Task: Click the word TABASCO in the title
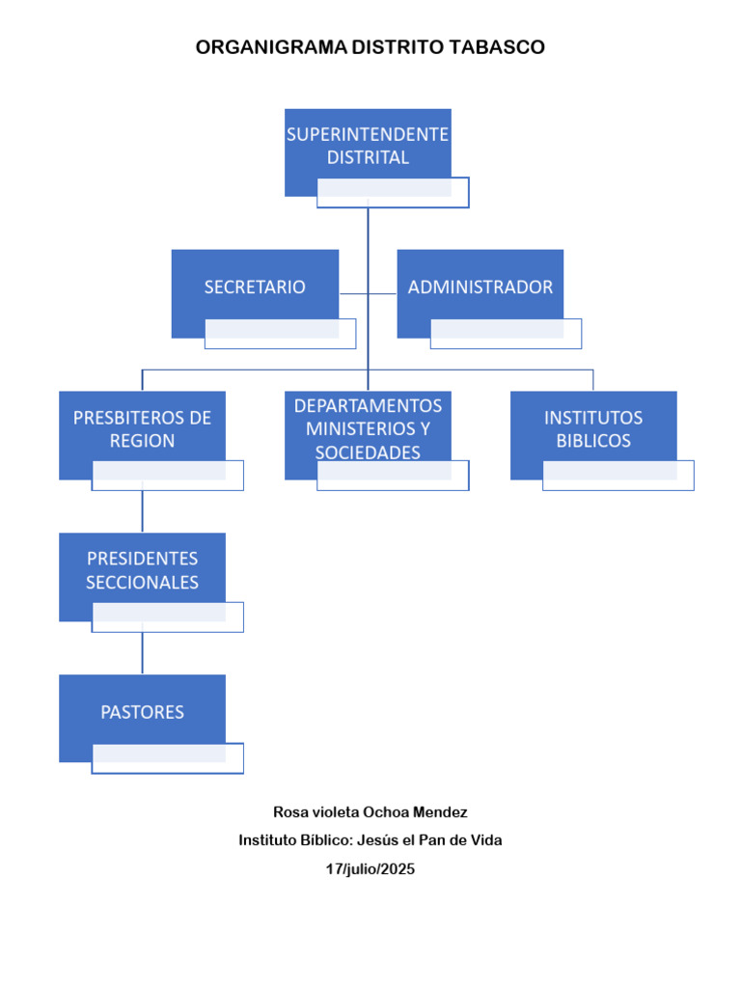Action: (x=497, y=47)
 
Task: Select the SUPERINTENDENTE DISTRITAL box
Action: (x=368, y=146)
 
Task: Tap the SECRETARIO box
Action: (x=255, y=287)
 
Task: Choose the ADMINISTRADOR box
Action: (x=480, y=287)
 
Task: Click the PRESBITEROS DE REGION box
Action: (x=143, y=428)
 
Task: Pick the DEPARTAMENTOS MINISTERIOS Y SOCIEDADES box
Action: (x=368, y=428)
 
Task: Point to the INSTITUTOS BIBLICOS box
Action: (x=593, y=428)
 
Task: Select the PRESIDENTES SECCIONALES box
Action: (x=143, y=570)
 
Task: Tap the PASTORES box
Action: (x=143, y=712)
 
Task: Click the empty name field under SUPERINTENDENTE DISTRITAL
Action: (x=394, y=193)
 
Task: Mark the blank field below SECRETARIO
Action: (x=281, y=334)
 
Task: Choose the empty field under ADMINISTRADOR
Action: (x=506, y=334)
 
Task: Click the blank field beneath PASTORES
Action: (x=168, y=758)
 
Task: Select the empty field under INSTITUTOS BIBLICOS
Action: (x=618, y=476)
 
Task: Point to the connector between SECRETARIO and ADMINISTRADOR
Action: (x=368, y=293)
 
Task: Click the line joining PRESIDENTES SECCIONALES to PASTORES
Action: (x=143, y=653)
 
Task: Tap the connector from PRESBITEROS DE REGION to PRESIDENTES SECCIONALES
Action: (x=143, y=511)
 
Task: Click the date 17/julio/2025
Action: (x=370, y=869)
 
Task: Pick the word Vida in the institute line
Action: (x=487, y=840)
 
